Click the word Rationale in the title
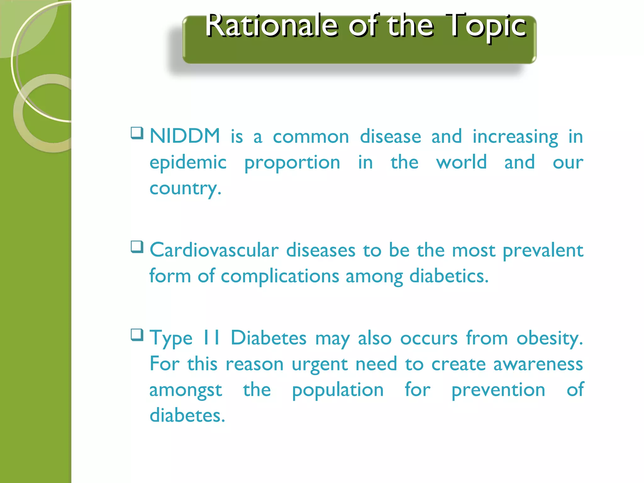tap(272, 26)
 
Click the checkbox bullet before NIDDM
tap(137, 133)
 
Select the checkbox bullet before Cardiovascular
tap(137, 247)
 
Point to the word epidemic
tap(188, 163)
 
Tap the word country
tap(186, 189)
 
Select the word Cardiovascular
tap(214, 250)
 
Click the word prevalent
tap(543, 251)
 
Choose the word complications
tap(280, 277)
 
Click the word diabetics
tap(449, 276)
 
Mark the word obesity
tap(549, 339)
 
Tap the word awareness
tap(538, 364)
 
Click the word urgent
tap(319, 365)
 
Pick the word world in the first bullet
tap(461, 162)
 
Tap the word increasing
tap(515, 137)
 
